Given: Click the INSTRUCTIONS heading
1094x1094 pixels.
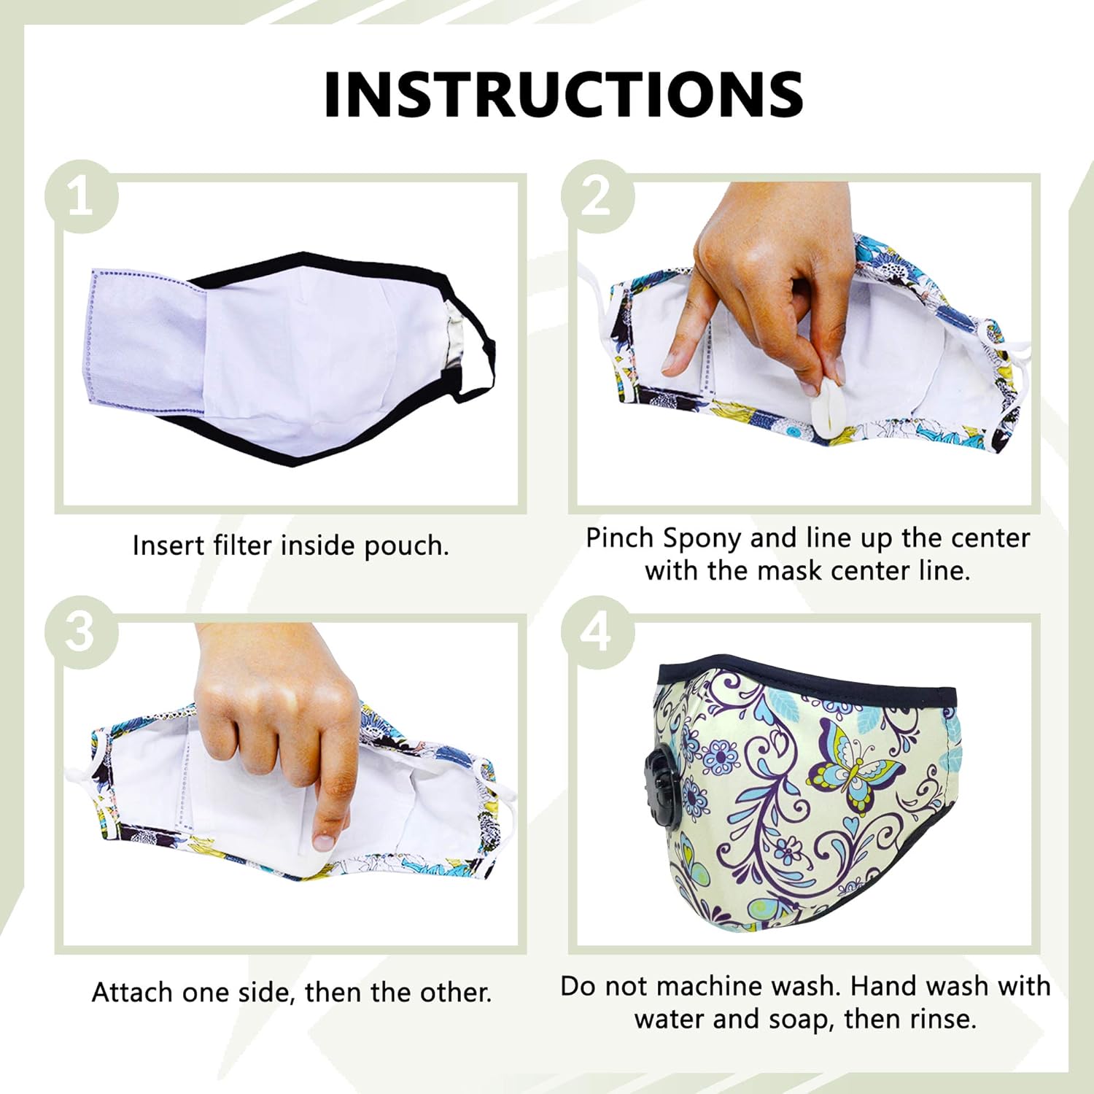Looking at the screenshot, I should (x=563, y=95).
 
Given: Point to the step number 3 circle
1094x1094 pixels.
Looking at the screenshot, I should (x=81, y=632).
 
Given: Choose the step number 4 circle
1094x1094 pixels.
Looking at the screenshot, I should (x=597, y=632).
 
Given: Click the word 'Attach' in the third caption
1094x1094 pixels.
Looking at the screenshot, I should (x=133, y=993).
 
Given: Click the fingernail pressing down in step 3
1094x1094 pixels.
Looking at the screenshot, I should (x=323, y=841).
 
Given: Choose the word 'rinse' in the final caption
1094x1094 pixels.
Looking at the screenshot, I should (x=942, y=1019).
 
